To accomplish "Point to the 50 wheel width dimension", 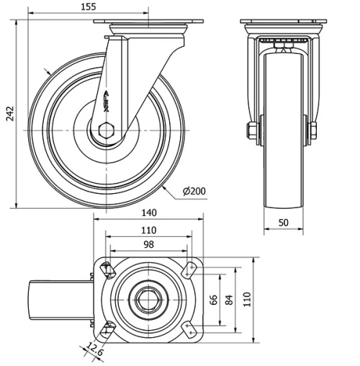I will coord(284,223).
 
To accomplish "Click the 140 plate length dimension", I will coord(149,213).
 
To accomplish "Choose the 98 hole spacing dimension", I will coord(149,245).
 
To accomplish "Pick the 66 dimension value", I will coord(213,299).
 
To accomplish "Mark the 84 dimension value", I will coord(230,299).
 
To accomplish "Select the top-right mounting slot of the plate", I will coord(190,269).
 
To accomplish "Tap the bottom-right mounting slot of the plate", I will coord(190,329).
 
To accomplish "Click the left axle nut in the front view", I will coord(251,131).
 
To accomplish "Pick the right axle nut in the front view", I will coord(314,131).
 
